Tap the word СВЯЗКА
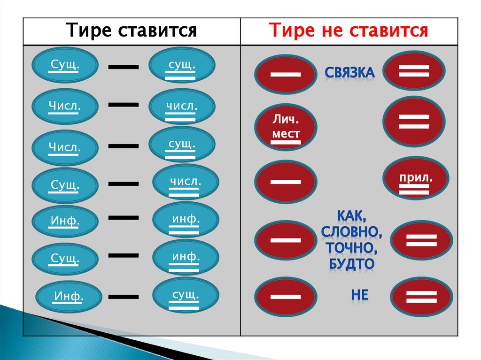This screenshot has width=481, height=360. (349, 73)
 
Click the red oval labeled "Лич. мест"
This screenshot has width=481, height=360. (286, 128)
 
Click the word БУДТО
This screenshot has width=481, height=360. (351, 263)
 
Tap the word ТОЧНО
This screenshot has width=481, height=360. (349, 247)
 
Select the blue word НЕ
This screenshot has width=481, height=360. (359, 295)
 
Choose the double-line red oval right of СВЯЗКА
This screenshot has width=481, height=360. (413, 70)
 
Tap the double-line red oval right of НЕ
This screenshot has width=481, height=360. (421, 296)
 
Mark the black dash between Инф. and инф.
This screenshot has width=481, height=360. (124, 217)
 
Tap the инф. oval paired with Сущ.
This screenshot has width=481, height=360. (186, 258)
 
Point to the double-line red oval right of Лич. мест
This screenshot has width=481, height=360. (413, 121)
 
